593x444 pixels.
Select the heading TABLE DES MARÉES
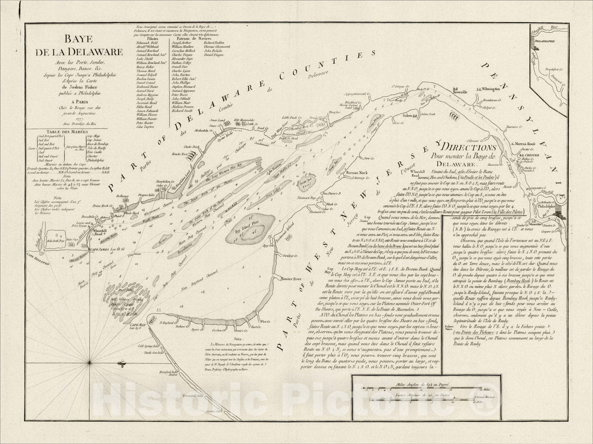(x=54, y=133)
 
